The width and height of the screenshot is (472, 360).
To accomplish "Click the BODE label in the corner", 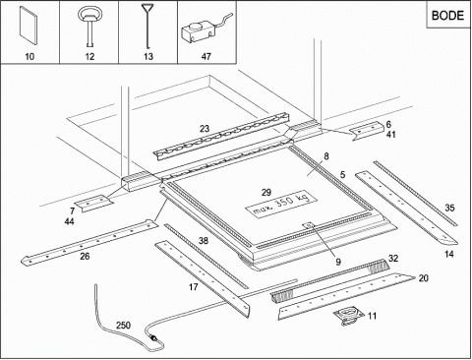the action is pos(447,16).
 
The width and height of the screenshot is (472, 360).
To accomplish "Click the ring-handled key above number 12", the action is pos(89,27).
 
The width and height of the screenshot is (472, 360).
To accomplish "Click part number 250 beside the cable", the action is pos(123,326).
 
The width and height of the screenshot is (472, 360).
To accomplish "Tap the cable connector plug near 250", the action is pos(152,337).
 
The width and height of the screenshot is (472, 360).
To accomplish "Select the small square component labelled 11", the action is pos(349,316).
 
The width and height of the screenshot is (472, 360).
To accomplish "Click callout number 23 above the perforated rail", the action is pos(205,129).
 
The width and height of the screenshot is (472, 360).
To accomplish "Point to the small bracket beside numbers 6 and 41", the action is pos(366,130).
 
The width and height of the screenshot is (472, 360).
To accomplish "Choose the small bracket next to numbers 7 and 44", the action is pos(93,203).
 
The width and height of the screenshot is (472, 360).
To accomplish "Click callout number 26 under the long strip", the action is pos(85,256).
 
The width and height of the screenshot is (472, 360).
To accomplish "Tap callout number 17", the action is pos(194,287).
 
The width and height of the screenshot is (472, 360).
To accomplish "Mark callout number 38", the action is pos(204,241).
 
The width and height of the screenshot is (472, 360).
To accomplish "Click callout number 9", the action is pos(338,262).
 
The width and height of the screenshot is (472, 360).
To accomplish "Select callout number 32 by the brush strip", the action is pos(393,259).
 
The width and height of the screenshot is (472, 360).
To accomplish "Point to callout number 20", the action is pos(424,278).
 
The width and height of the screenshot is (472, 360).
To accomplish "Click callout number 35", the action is pos(449,208).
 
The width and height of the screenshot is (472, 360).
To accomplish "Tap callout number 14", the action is pos(449,254).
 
